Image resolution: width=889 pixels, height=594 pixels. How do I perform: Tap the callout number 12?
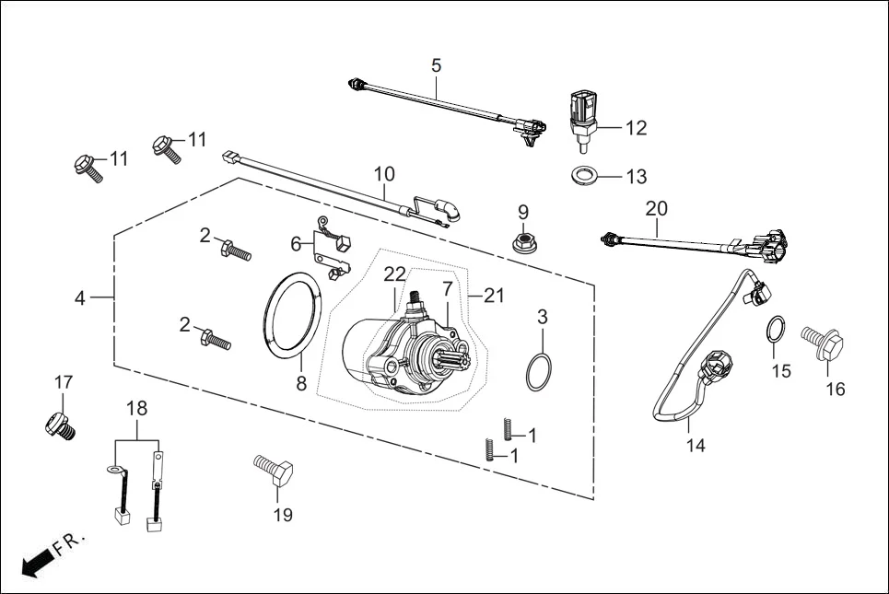(x=636, y=128)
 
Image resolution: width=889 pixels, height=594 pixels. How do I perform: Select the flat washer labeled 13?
(x=583, y=175)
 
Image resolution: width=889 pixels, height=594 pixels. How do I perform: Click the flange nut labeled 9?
(x=524, y=243)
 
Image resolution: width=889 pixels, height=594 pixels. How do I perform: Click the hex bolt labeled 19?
(x=274, y=470)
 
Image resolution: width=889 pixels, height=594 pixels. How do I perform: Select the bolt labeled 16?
(x=823, y=343)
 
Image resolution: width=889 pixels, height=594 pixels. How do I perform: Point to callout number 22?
(x=394, y=274)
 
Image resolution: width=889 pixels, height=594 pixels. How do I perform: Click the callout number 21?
(x=493, y=296)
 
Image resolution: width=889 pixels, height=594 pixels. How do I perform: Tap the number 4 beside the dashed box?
(x=80, y=298)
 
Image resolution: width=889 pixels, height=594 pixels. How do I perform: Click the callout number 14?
(x=696, y=446)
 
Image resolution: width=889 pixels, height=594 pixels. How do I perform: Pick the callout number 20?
(x=657, y=209)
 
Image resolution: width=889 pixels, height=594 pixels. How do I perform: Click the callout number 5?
(x=436, y=65)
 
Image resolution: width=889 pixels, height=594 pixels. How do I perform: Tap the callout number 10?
(x=384, y=173)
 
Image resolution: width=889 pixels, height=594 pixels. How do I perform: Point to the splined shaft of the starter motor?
(x=449, y=359)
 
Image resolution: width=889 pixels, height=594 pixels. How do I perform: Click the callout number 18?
(x=136, y=408)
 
